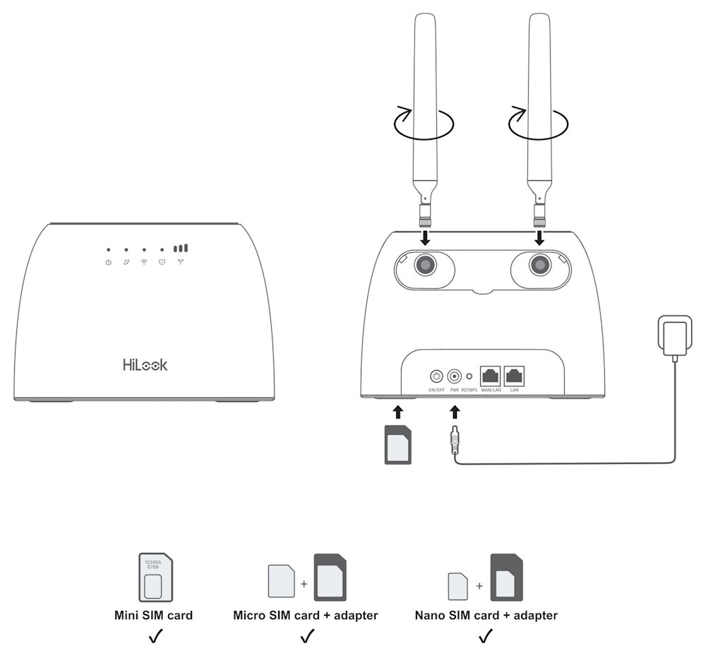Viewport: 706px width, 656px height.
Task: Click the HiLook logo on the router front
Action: [x=145, y=365]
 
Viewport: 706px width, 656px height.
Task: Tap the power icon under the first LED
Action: [x=108, y=263]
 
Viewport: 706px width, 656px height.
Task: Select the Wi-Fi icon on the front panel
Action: [x=144, y=263]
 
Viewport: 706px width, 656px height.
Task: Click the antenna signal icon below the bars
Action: [x=181, y=263]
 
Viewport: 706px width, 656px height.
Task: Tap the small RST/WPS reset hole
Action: [x=470, y=376]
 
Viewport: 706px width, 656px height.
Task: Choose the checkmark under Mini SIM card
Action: [x=153, y=638]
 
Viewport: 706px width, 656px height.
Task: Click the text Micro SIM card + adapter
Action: [x=305, y=616]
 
